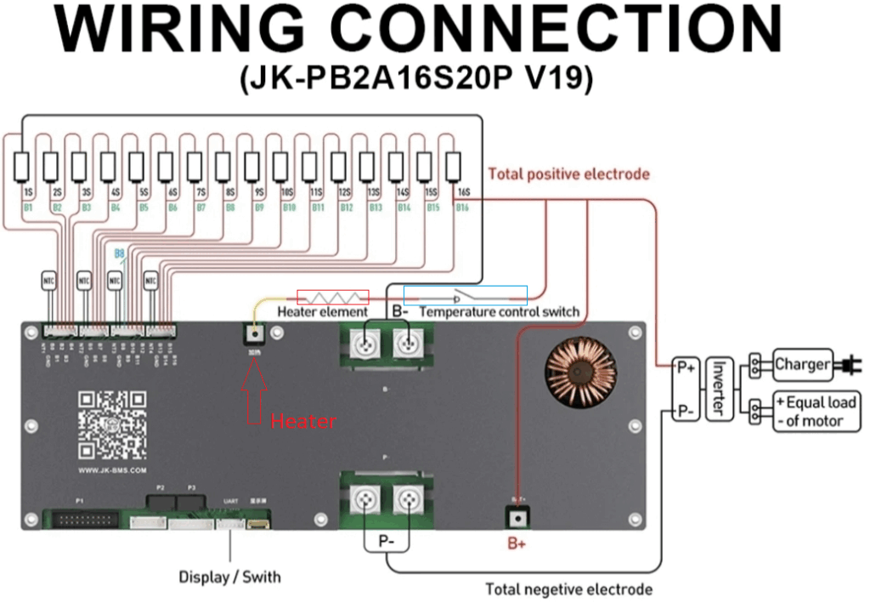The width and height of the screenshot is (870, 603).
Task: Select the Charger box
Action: click(x=801, y=365)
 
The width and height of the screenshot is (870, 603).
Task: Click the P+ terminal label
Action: click(x=684, y=367)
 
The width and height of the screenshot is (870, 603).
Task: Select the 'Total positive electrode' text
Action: click(x=568, y=174)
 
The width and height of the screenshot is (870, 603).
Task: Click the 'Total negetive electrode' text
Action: click(x=568, y=589)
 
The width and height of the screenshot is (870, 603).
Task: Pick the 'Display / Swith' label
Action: click(x=229, y=577)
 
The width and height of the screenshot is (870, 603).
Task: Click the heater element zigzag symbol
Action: click(x=332, y=297)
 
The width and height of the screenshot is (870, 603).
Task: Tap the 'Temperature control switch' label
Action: click(x=500, y=311)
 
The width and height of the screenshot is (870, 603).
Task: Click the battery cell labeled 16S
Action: click(x=454, y=164)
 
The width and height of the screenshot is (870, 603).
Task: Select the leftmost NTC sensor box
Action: click(x=49, y=279)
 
